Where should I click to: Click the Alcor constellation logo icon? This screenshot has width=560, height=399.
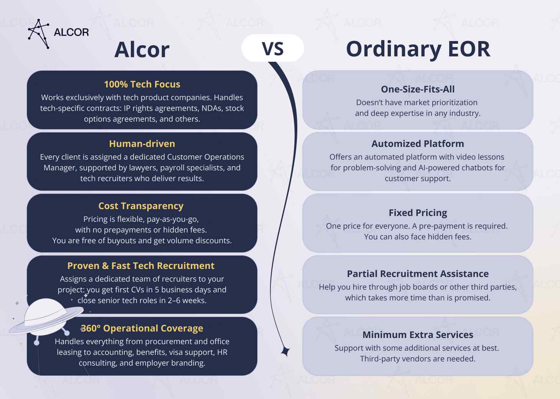[39, 34]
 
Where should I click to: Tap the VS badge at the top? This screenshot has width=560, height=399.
[273, 49]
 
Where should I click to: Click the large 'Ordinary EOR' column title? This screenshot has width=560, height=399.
[418, 49]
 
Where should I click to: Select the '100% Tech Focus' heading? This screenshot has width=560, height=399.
[142, 84]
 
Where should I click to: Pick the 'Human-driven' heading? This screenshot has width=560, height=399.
[142, 144]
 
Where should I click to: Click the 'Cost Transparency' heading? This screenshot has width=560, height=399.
[141, 206]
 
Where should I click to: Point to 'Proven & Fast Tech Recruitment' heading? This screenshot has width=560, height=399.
[141, 266]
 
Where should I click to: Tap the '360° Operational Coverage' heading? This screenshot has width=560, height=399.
[142, 328]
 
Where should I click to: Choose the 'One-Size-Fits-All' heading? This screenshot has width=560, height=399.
[418, 89]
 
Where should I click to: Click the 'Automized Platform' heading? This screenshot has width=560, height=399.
[418, 144]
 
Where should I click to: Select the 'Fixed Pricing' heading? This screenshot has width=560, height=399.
[418, 213]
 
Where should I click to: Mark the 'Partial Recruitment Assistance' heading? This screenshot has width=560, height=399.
[418, 274]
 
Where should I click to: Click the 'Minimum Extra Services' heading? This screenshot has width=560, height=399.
[418, 335]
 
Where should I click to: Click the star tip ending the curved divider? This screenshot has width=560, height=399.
[285, 351]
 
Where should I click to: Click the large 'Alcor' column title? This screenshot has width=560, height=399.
[142, 50]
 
